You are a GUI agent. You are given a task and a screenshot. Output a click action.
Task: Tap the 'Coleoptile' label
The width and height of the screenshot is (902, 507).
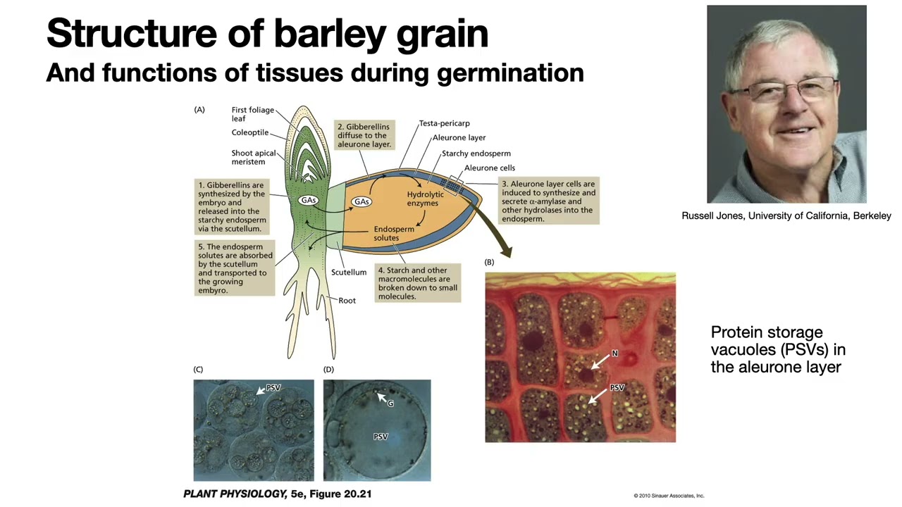(x=249, y=132)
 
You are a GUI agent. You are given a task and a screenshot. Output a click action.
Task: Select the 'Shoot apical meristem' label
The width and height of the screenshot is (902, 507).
(x=253, y=157)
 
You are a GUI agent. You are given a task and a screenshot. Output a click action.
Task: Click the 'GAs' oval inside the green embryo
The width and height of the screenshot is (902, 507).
(x=308, y=201)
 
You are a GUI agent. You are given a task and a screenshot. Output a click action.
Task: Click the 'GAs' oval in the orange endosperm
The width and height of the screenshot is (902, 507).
(x=362, y=201)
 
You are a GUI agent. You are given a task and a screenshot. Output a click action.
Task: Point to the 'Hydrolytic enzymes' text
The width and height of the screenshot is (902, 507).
(x=425, y=199)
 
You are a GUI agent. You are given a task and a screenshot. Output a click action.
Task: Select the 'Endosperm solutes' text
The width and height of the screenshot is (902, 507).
(x=393, y=233)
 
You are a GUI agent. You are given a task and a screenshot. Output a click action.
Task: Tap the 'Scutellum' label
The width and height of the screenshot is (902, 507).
(x=349, y=272)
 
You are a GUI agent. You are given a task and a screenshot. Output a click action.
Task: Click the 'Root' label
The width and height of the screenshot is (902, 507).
(x=347, y=300)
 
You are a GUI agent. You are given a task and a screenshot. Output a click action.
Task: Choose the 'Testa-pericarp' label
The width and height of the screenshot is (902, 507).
(x=444, y=123)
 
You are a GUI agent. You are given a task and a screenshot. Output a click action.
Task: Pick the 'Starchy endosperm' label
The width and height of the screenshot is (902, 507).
(x=476, y=153)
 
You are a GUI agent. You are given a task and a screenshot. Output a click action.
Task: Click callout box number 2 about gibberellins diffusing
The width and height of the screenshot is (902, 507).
(x=364, y=135)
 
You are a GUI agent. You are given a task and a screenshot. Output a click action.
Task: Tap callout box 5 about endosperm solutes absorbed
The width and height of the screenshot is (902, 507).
(x=233, y=268)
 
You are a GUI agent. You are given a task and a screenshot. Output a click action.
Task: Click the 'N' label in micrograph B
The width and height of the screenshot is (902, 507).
(x=614, y=353)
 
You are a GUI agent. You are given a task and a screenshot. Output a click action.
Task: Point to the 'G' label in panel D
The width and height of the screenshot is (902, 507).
(x=390, y=403)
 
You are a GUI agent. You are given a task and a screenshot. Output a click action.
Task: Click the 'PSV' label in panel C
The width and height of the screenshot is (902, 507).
(x=273, y=388)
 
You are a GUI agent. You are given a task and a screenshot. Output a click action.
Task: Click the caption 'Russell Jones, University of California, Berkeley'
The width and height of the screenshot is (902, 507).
(x=786, y=215)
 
